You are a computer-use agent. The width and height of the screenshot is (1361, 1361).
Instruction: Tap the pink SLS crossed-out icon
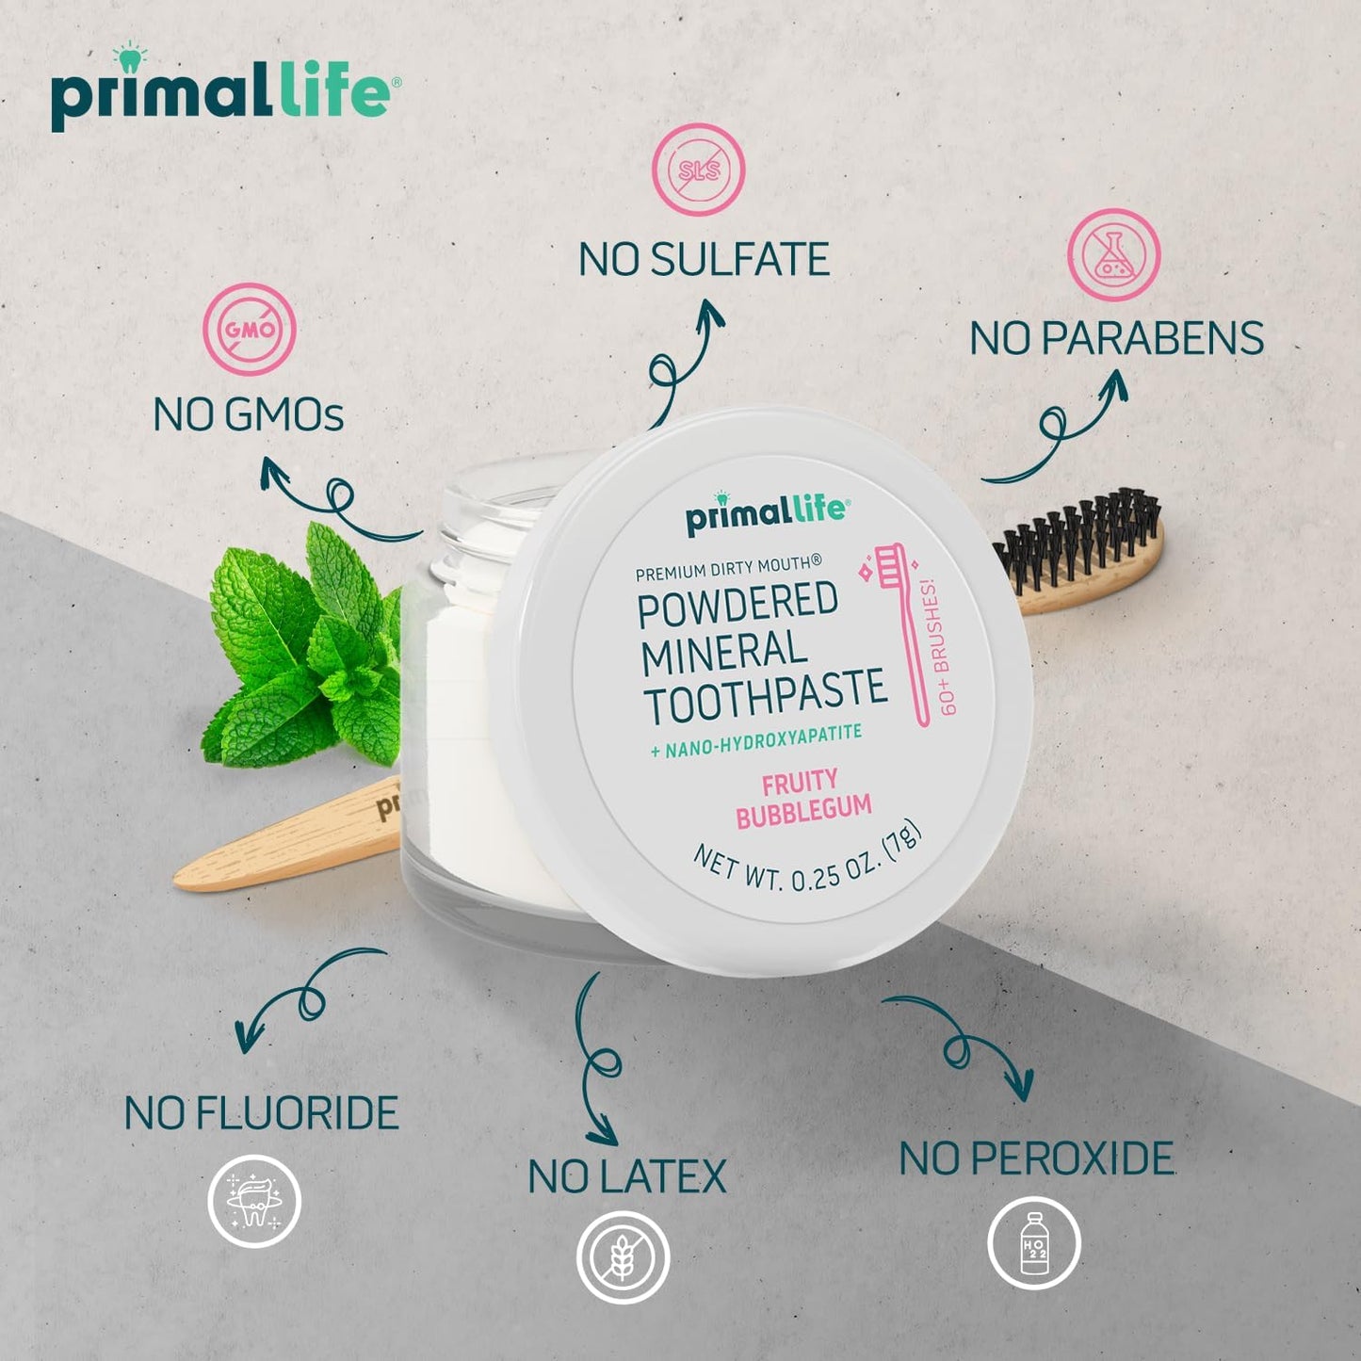tap(699, 170)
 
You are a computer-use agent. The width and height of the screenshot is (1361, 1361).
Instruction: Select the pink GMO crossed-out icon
tap(250, 329)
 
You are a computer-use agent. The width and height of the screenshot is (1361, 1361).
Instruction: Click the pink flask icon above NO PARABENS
tap(1113, 254)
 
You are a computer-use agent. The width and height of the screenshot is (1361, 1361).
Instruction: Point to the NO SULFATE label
tap(704, 260)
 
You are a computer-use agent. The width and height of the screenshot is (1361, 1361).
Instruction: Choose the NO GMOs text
tap(249, 414)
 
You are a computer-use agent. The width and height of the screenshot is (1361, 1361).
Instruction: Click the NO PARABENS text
tap(1116, 339)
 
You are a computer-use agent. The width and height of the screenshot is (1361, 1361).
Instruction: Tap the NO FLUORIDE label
tap(262, 1113)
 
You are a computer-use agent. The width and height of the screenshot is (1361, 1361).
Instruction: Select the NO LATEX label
tap(627, 1177)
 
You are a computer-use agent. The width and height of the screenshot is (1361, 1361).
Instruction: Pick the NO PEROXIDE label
tap(1036, 1159)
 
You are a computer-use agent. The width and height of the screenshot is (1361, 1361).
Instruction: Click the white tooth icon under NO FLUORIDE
tap(254, 1201)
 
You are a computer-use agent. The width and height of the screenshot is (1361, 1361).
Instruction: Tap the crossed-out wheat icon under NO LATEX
tap(623, 1257)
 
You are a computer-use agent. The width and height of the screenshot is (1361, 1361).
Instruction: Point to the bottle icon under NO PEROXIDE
tap(1033, 1243)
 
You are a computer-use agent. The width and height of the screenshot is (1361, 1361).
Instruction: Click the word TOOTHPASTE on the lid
tap(765, 695)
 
